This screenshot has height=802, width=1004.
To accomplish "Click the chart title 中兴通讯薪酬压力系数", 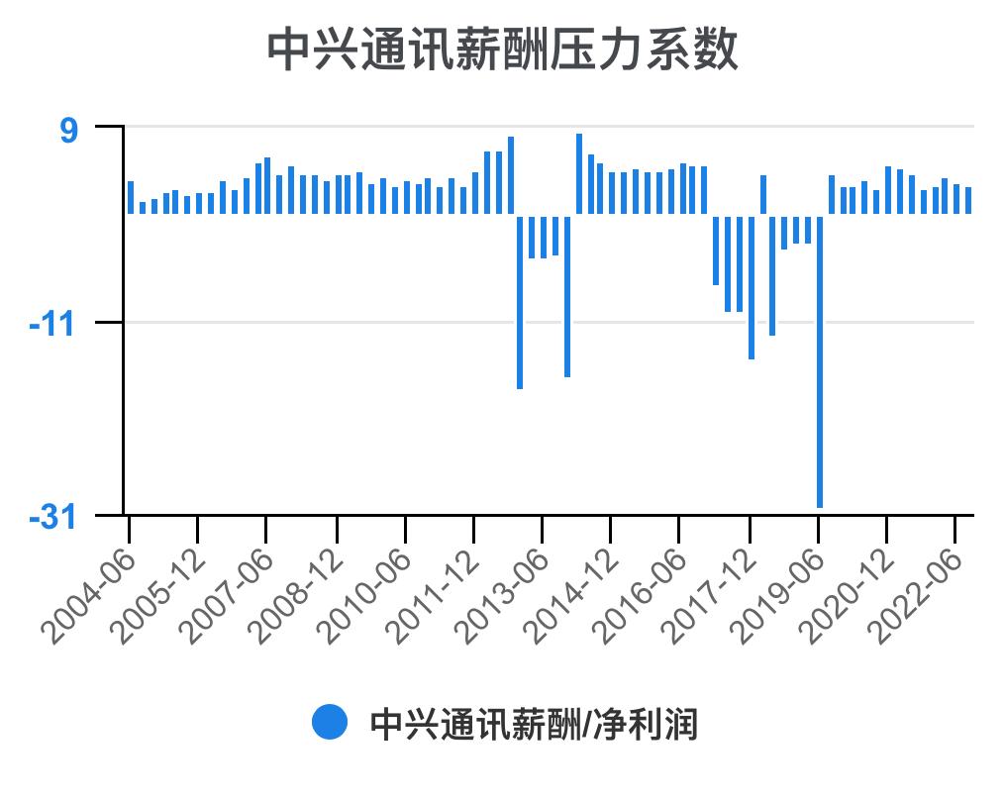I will coord(502,50).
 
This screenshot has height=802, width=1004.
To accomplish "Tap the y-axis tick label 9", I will coord(69,129).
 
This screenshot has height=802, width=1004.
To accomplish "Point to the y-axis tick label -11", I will coord(56,323).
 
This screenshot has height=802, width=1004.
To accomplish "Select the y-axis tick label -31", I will coord(56,516).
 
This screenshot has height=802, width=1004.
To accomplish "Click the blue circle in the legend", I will coord(330,723).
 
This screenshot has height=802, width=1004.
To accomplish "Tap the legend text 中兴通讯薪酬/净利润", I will coord(534,724).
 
